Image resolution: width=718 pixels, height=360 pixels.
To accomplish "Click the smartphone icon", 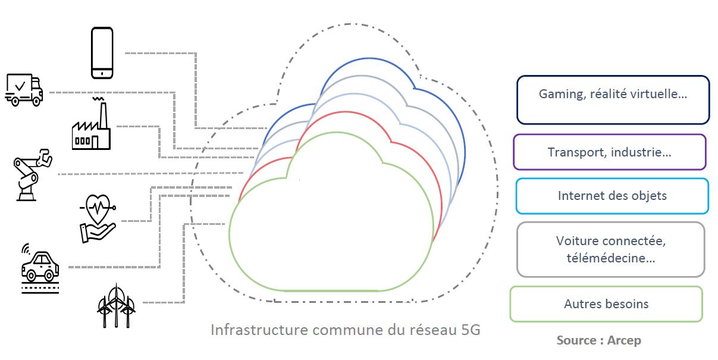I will (x=102, y=52).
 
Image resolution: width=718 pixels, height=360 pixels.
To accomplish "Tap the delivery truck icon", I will (x=24, y=90).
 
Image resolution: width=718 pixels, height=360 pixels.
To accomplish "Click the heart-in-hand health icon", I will (x=98, y=220).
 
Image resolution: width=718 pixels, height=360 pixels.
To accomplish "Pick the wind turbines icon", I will (x=116, y=304).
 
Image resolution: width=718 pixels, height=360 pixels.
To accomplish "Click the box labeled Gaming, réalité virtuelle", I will (x=613, y=99).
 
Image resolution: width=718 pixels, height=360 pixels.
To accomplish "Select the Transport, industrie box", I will (x=609, y=152).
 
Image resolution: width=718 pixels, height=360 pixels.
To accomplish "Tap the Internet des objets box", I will (x=612, y=196).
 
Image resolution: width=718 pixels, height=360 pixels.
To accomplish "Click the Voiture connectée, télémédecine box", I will (x=610, y=249).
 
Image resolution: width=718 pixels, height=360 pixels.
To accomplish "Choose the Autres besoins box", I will (x=606, y=304).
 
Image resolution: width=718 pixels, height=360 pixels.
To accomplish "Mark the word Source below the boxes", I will (x=576, y=340).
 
